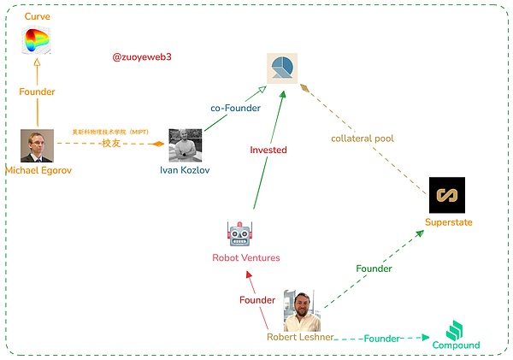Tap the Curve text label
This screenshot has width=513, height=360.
36,17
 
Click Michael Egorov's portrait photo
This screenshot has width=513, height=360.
37,145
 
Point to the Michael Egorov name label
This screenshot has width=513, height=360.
39,169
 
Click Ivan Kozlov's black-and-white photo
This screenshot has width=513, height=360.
185,145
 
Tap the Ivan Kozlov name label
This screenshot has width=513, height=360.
184,169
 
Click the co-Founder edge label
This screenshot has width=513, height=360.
235,109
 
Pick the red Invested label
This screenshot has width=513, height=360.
268,150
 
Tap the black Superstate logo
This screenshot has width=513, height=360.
446,195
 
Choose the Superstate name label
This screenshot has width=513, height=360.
448,222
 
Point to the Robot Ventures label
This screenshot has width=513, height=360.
246,257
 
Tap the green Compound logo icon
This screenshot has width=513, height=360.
455,330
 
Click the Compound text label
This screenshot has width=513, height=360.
455,345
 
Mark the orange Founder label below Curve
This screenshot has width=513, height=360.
38,91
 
